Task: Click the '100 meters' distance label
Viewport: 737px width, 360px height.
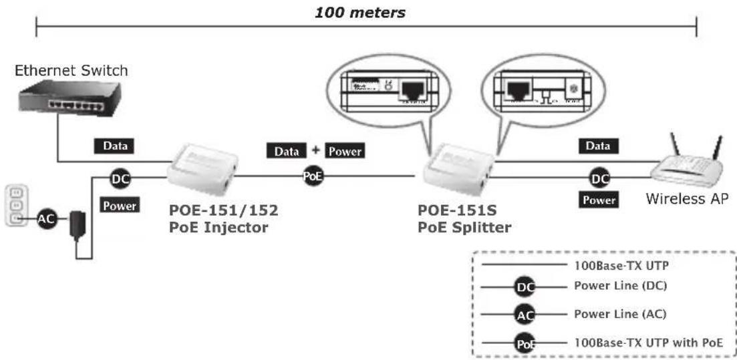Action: (360, 13)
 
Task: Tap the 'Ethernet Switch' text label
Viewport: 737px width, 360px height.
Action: (71, 70)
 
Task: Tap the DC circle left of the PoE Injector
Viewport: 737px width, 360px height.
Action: (120, 178)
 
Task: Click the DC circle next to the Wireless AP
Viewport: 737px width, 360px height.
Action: (599, 178)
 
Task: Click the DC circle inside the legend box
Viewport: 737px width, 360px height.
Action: (525, 288)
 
